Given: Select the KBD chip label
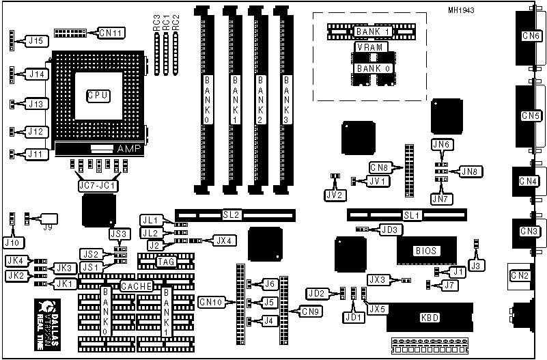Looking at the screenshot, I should pyautogui.click(x=429, y=318).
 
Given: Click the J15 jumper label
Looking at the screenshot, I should pyautogui.click(x=37, y=41).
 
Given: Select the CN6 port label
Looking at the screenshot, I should pyautogui.click(x=529, y=36).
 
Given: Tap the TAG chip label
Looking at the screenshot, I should pyautogui.click(x=166, y=261).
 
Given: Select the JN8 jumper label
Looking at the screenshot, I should pyautogui.click(x=469, y=171).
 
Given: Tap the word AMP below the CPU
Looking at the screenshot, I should pyautogui.click(x=128, y=149).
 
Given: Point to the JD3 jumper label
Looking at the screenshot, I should pyautogui.click(x=389, y=230).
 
